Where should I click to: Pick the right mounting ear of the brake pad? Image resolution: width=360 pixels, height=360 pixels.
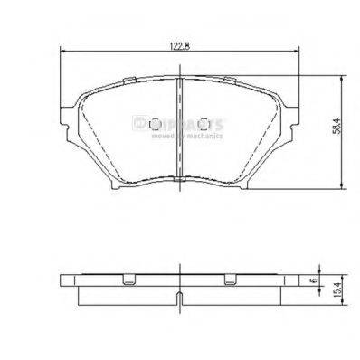point(295,113)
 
